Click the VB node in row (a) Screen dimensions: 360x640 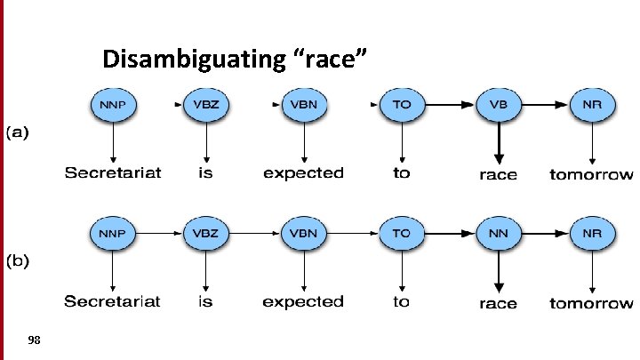tap(499, 104)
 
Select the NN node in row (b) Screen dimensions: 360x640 tap(499, 234)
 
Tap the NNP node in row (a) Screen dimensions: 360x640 tap(112, 104)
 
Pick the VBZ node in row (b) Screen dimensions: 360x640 tap(206, 234)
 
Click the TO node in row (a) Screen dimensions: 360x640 tap(402, 104)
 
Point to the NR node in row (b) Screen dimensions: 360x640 tap(592, 234)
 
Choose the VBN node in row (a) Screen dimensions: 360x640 tap(303, 104)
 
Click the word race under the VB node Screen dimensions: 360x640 tap(498, 174)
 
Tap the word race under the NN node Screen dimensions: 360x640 tap(498, 304)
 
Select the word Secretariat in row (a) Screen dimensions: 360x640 tap(112, 172)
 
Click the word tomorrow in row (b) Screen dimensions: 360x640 tap(591, 303)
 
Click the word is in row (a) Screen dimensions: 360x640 tap(205, 172)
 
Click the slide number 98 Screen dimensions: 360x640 tap(35, 340)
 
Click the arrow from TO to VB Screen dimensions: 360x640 tap(450, 104)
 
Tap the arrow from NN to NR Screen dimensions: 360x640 tap(546, 234)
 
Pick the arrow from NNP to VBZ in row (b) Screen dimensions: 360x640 tap(159, 234)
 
